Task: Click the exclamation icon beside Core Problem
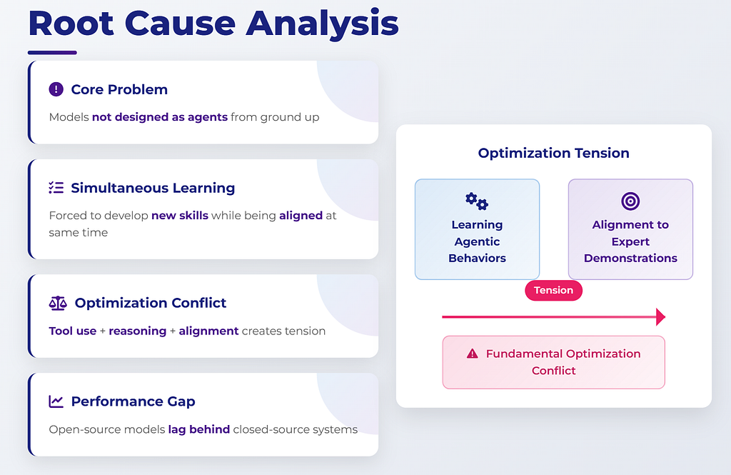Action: click(x=56, y=89)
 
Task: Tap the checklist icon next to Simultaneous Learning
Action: click(x=56, y=188)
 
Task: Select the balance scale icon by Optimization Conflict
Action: click(x=58, y=304)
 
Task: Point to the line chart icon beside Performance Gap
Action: click(x=56, y=401)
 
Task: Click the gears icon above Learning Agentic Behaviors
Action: click(x=477, y=201)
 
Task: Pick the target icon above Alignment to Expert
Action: click(x=630, y=201)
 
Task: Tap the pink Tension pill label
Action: click(x=553, y=290)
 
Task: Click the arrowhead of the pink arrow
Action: click(x=660, y=317)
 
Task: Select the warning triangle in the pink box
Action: click(x=473, y=354)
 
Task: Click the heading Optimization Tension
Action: click(x=553, y=153)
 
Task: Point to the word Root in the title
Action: click(x=71, y=24)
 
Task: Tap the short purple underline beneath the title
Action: click(x=52, y=53)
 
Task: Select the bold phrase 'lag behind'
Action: click(x=199, y=429)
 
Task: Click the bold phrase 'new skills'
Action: click(x=180, y=216)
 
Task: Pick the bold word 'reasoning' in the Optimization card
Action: click(x=138, y=331)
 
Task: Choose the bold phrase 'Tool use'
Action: click(x=73, y=331)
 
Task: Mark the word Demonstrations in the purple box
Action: click(x=630, y=258)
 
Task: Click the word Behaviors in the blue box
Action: click(x=477, y=258)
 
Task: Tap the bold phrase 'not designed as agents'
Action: click(x=160, y=117)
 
